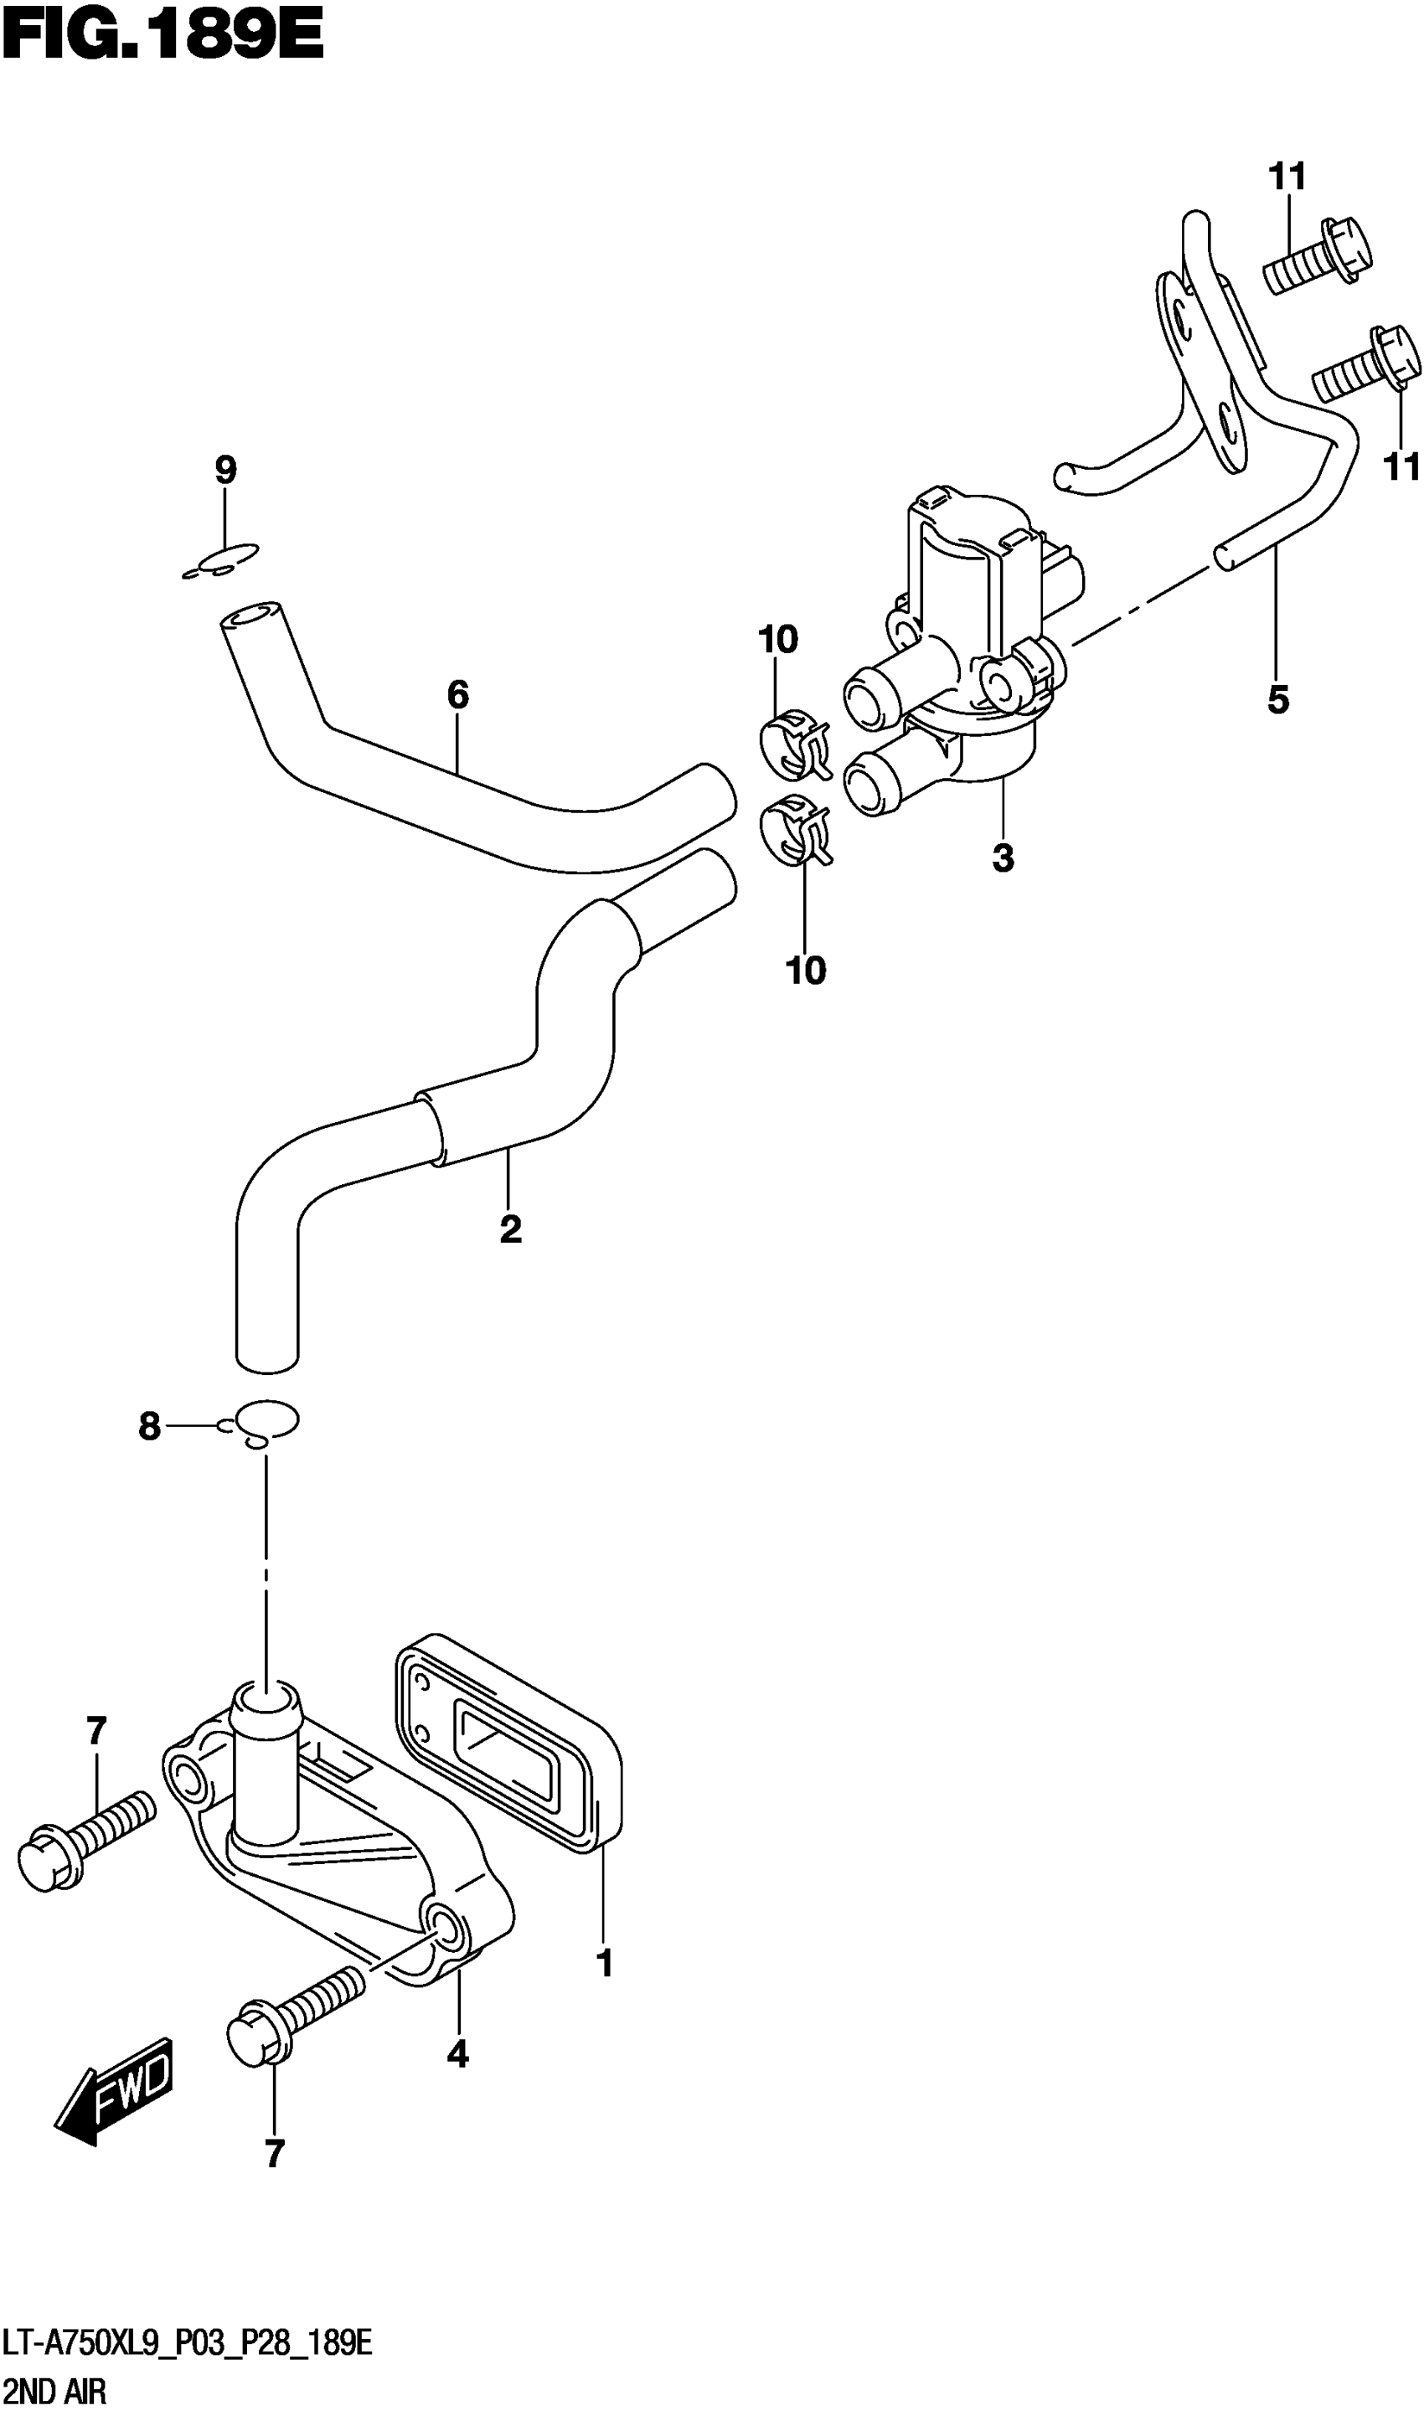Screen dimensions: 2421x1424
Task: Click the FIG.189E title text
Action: (x=163, y=39)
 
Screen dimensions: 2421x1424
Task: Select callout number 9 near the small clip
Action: (x=224, y=471)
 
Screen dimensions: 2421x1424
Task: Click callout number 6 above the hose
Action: (x=457, y=693)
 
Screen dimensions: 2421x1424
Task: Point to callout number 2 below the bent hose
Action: (x=510, y=1228)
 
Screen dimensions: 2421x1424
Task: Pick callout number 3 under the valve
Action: (x=1002, y=858)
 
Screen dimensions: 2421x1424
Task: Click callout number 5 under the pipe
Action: (x=1277, y=700)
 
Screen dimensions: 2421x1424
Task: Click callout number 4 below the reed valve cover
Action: (x=457, y=2054)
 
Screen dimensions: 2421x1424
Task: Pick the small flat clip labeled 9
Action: (x=222, y=561)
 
